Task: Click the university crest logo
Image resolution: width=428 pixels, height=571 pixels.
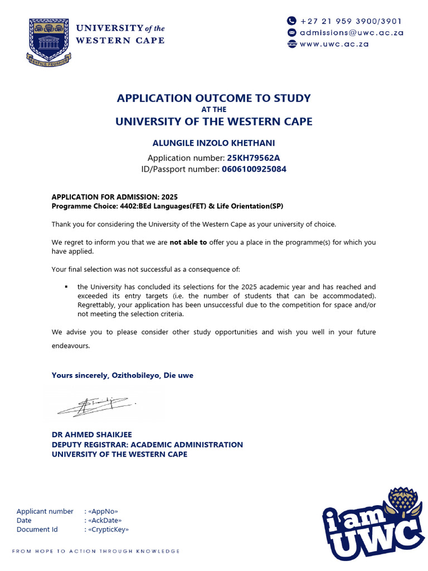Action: [48, 42]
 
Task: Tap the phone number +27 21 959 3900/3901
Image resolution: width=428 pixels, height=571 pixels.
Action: [351, 21]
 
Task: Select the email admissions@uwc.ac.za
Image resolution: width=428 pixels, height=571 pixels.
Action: [351, 32]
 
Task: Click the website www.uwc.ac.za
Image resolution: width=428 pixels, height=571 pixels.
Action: [334, 43]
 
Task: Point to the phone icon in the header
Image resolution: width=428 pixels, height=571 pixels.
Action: [291, 21]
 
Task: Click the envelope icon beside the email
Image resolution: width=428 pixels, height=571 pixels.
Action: [291, 32]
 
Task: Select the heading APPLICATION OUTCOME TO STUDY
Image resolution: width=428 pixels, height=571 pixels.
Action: [213, 98]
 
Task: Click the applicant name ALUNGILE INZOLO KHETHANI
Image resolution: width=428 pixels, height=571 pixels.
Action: [213, 144]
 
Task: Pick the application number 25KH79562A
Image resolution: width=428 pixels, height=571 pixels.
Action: [254, 158]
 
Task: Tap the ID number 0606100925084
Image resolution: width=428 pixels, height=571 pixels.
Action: [254, 169]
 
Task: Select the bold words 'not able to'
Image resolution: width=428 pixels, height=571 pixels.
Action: [188, 243]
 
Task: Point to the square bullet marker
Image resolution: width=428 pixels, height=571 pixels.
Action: [66, 287]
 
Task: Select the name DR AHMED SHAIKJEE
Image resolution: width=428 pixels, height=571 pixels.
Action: [92, 435]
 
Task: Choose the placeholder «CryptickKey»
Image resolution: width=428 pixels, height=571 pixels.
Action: [108, 529]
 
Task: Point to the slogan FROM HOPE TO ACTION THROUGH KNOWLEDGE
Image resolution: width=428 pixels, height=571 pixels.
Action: [96, 551]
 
